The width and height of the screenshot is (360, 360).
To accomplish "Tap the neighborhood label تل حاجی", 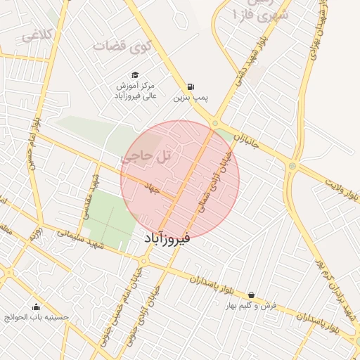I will (x=146, y=157).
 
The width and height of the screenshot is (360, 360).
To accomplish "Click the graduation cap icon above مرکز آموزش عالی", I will (x=134, y=75).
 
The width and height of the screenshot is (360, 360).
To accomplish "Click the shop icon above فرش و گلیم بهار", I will (x=251, y=295).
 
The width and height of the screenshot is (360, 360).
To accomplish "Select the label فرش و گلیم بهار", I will (x=251, y=307).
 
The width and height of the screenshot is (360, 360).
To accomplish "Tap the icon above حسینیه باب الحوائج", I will (x=37, y=307).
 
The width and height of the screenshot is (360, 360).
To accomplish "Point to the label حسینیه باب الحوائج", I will (x=37, y=318).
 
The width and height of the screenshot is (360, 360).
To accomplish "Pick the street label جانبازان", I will (x=247, y=141).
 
